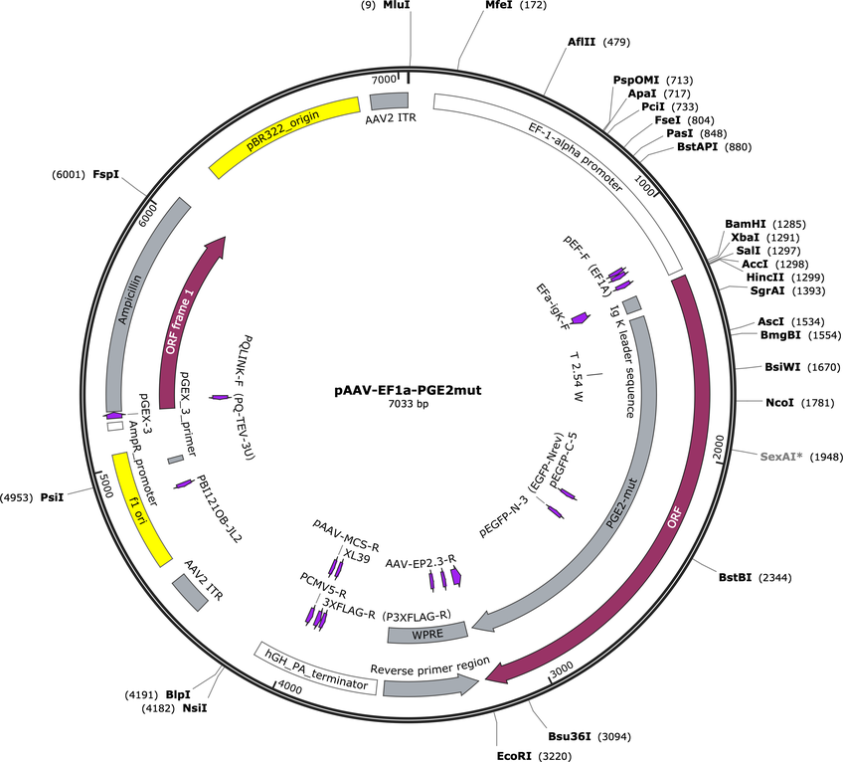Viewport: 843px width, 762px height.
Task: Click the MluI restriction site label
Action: (397, 5)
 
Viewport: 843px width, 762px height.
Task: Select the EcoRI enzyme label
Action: (514, 756)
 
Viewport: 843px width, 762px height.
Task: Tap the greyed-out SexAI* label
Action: (781, 457)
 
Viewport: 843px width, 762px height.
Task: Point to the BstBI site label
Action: (735, 577)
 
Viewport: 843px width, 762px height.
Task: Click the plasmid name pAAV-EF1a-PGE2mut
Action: (408, 390)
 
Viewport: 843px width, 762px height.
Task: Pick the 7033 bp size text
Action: (408, 403)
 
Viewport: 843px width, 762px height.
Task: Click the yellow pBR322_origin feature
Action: (284, 137)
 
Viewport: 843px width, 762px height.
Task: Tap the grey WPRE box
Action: (427, 633)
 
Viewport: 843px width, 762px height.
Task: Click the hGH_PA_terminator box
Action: (316, 668)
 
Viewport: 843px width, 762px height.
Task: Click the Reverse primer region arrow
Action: (430, 684)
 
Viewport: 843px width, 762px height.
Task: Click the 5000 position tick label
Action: (106, 485)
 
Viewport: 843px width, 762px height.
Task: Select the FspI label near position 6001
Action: (106, 174)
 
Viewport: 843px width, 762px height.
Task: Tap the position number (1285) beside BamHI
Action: (788, 224)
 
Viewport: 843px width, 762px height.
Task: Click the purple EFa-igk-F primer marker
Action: (581, 318)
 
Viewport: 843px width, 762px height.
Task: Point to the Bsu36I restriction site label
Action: (570, 736)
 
